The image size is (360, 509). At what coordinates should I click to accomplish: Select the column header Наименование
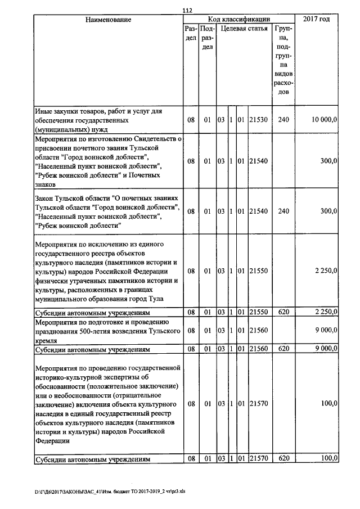(x=108, y=20)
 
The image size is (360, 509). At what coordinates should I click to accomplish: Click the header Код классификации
(x=239, y=20)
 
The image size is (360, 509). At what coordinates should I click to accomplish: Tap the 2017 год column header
(x=316, y=20)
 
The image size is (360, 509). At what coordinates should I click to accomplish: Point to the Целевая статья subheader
(x=244, y=28)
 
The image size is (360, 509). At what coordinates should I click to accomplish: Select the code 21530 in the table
(x=259, y=120)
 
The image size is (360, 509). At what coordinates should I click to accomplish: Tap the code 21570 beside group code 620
(x=259, y=459)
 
